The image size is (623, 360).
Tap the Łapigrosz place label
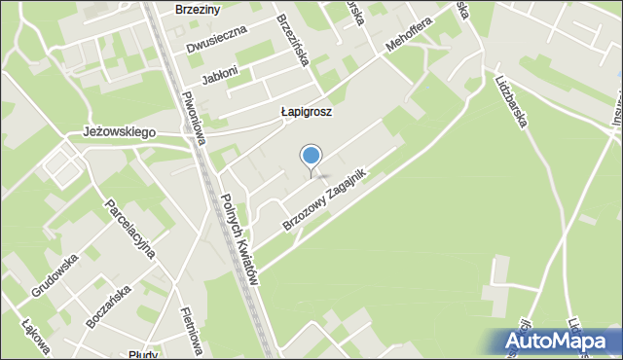[306, 112]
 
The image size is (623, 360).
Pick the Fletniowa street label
[191, 331]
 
